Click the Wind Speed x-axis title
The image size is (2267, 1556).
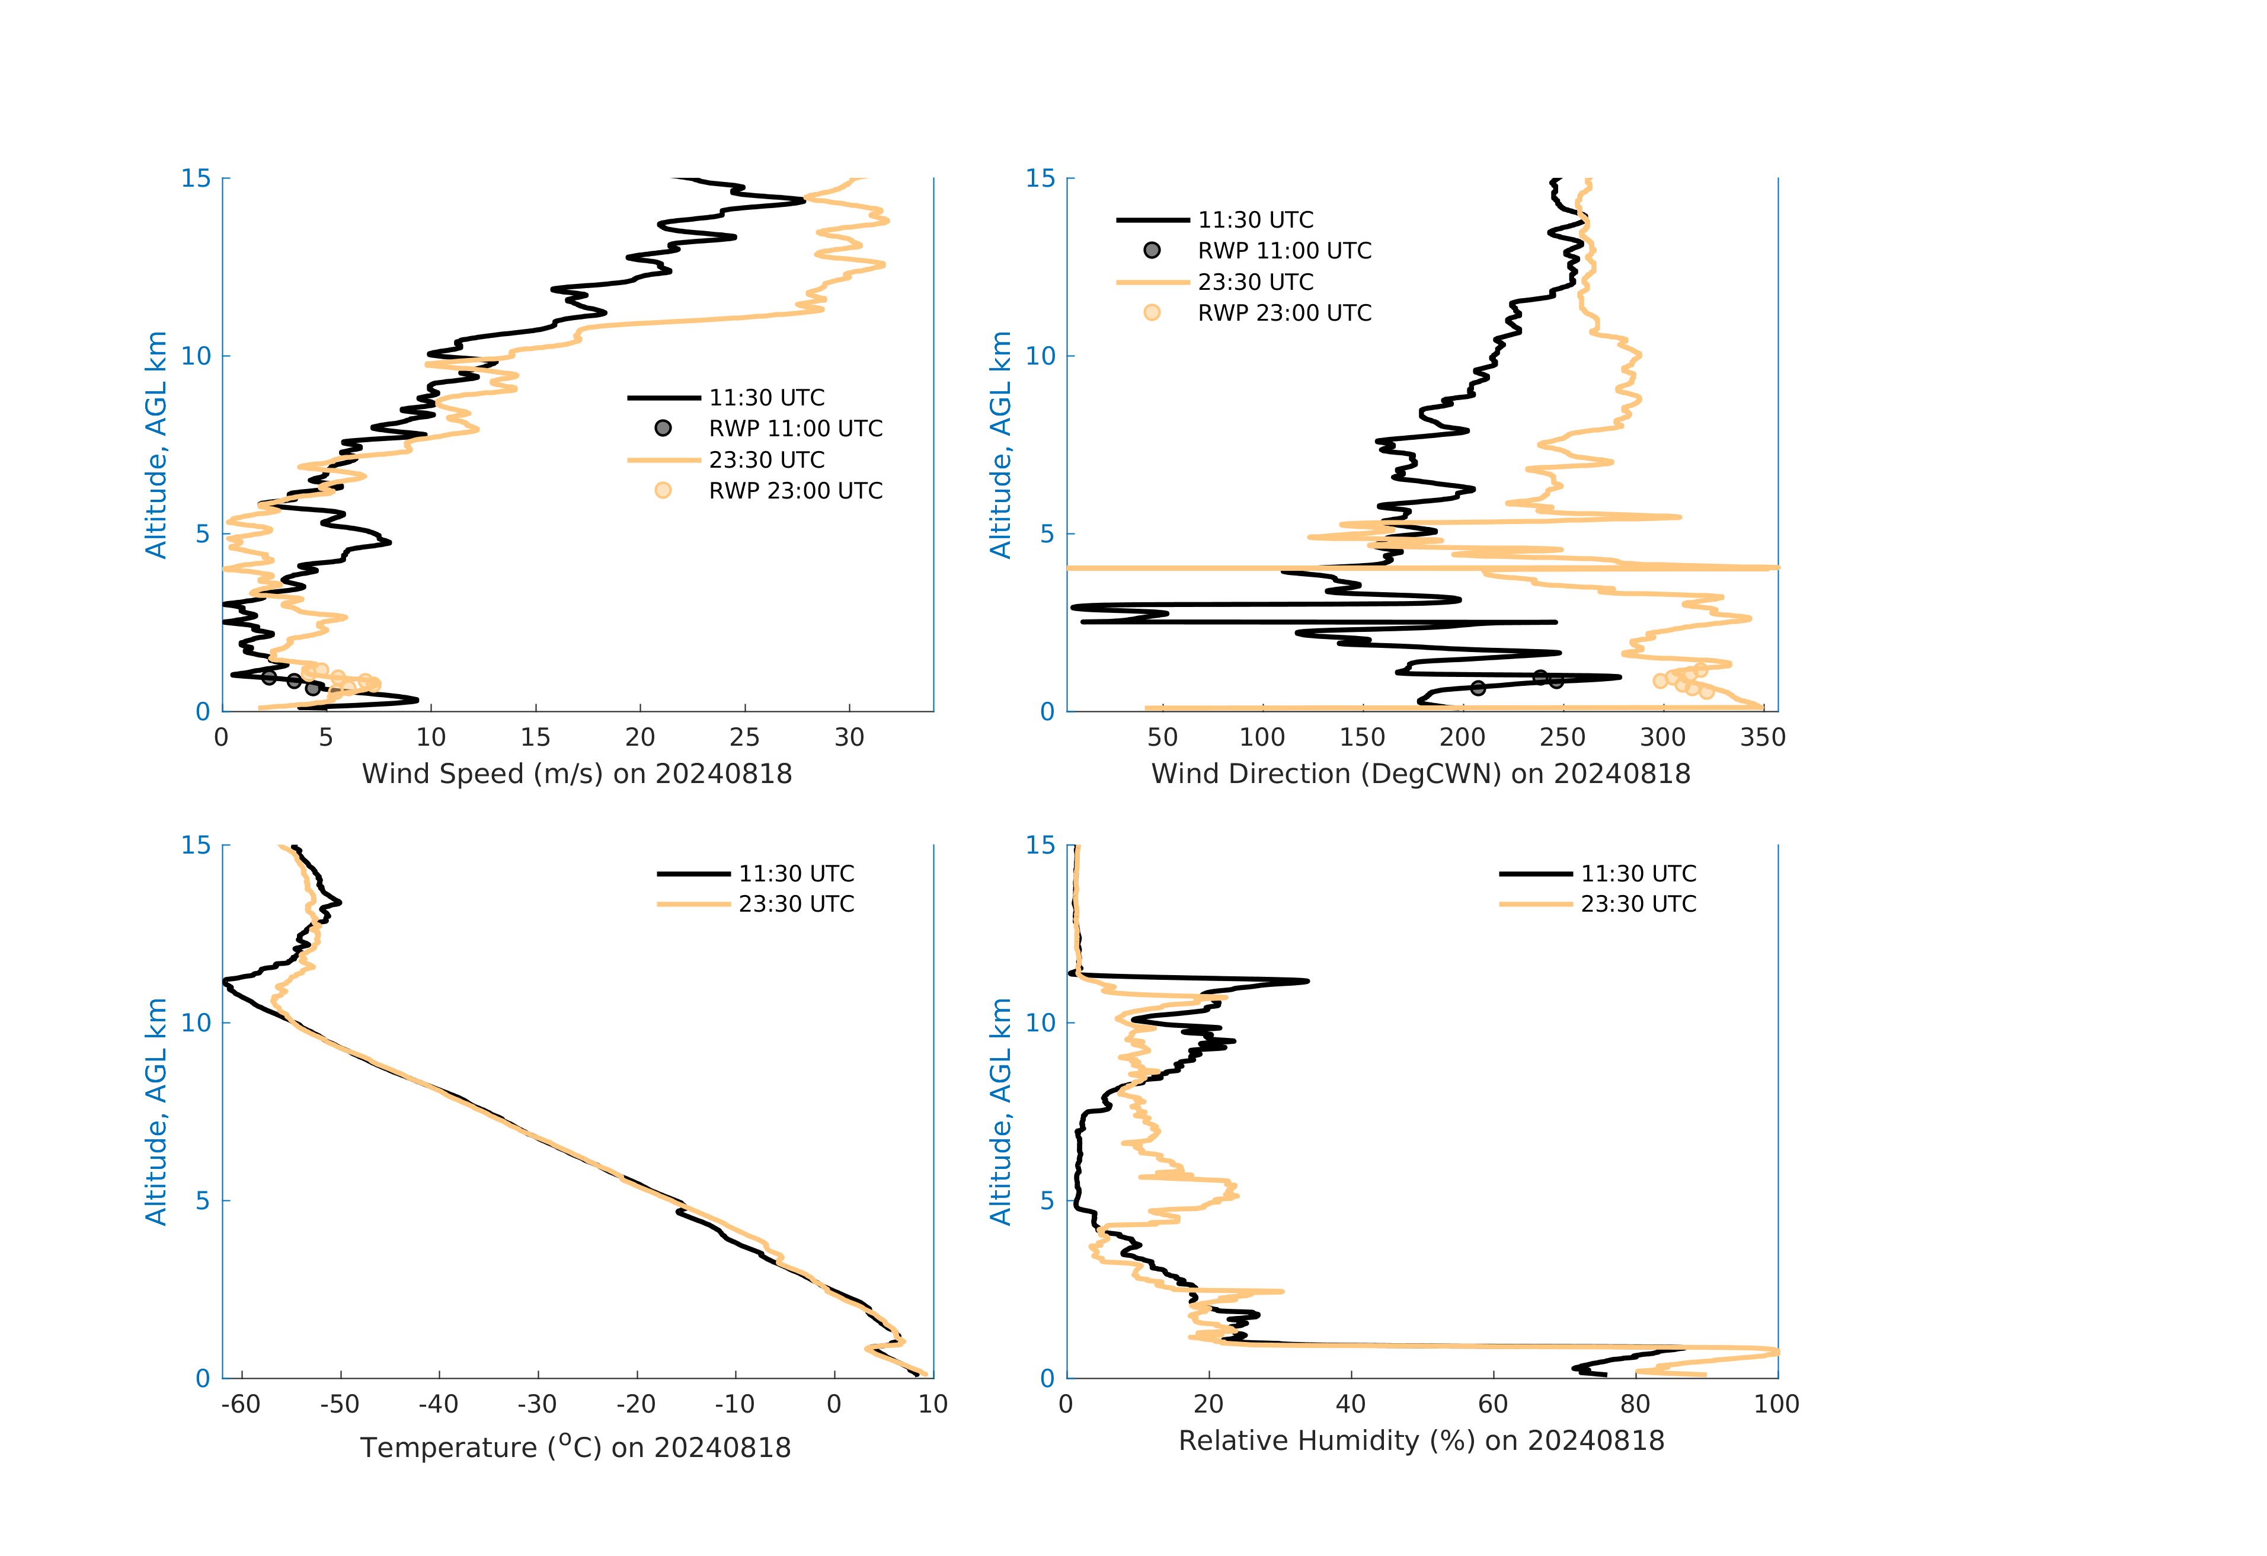[x=577, y=774]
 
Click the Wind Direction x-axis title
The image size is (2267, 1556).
[x=1420, y=774]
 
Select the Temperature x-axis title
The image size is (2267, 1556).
[x=575, y=1447]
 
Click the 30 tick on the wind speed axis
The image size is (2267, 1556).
[x=849, y=737]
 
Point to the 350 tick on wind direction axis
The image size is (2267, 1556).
[x=1761, y=737]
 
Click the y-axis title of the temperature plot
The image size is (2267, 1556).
[x=156, y=1111]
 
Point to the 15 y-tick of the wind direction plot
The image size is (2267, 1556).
[x=1040, y=178]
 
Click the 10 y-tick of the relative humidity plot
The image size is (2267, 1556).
[x=1040, y=1023]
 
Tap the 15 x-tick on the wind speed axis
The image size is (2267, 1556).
[x=535, y=737]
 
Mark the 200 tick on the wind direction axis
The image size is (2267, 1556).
[x=1462, y=737]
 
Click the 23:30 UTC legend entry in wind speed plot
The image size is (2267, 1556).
[x=767, y=459]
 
